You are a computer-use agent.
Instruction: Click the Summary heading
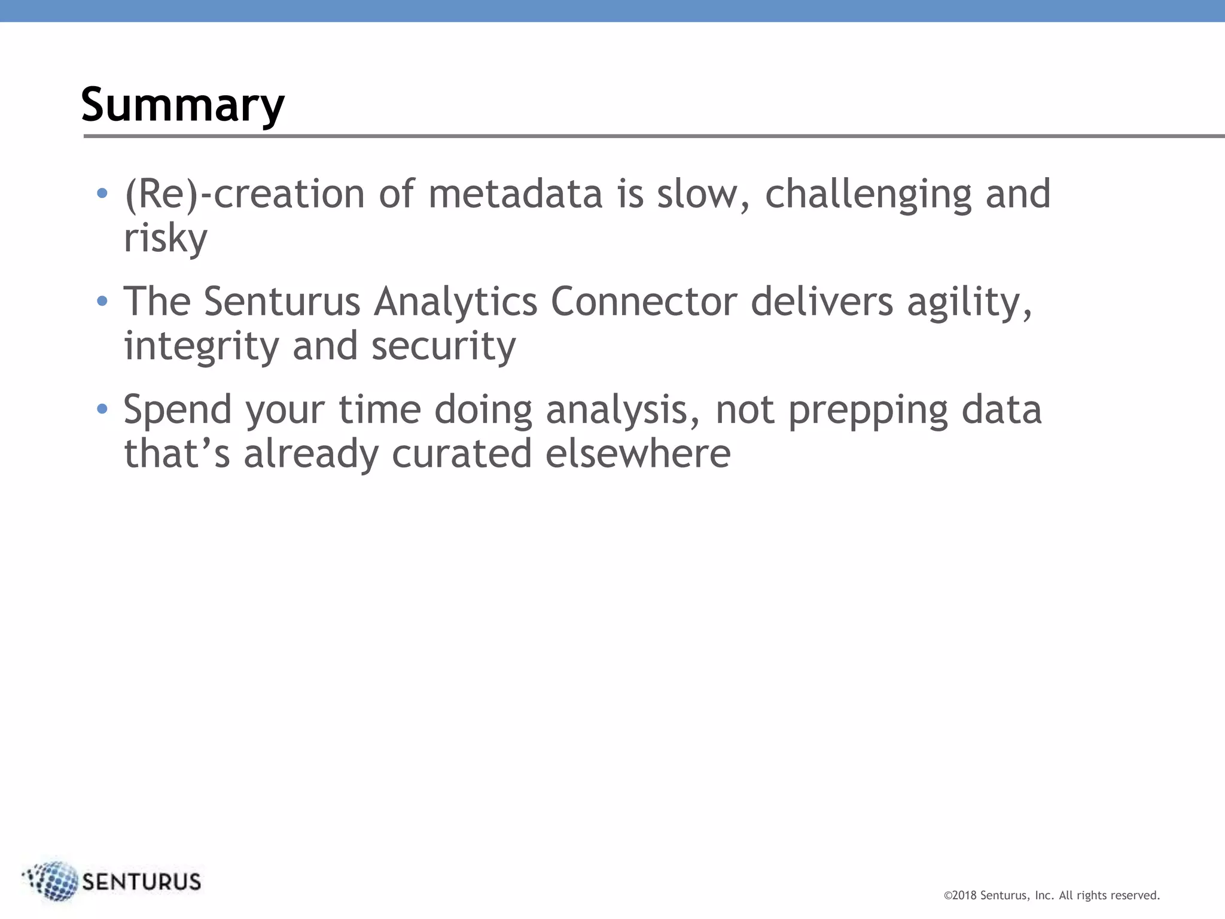pyautogui.click(x=182, y=105)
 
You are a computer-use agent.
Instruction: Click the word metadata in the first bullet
pyautogui.click(x=515, y=194)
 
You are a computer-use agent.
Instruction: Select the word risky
pyautogui.click(x=165, y=239)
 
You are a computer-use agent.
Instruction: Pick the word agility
pyautogui.click(x=969, y=303)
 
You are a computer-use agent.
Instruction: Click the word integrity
pyautogui.click(x=201, y=347)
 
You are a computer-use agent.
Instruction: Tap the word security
pyautogui.click(x=443, y=347)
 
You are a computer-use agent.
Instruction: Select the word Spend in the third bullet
pyautogui.click(x=178, y=410)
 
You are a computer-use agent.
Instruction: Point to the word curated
pyautogui.click(x=461, y=454)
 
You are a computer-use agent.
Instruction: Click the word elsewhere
pyautogui.click(x=638, y=454)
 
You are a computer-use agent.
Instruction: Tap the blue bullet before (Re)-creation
pyautogui.click(x=102, y=193)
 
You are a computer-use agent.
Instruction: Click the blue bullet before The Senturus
pyautogui.click(x=102, y=301)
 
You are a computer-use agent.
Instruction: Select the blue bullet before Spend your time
pyautogui.click(x=102, y=409)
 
